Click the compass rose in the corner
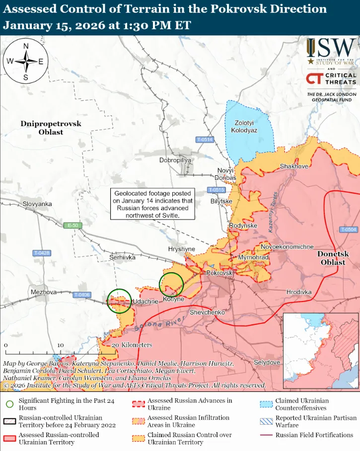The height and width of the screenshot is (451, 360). coord(25,62)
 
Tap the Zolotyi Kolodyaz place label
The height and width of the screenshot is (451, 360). coord(244,126)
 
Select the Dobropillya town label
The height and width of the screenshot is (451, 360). coord(175,160)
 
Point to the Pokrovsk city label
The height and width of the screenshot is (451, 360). coord(219,273)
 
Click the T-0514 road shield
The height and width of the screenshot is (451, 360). coord(204,140)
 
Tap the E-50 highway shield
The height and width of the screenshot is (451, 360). coord(72,225)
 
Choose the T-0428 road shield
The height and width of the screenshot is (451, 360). coord(42,253)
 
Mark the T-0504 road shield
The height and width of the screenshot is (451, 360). coord(349,229)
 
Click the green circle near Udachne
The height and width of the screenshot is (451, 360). coord(120,301)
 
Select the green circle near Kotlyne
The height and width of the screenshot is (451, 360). coord(172,285)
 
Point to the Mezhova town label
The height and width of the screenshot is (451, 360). coord(43,292)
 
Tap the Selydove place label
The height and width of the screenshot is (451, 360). coord(267,363)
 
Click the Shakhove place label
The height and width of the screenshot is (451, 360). coord(294,166)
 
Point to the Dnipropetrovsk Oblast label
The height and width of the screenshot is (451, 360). coord(51,128)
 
